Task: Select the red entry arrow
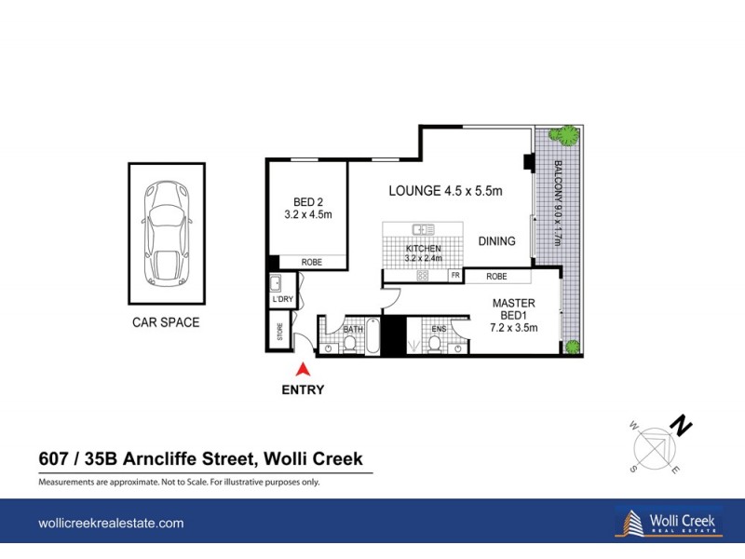coord(302,372)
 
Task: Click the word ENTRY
coord(303,390)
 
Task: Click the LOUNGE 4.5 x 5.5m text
coord(445,191)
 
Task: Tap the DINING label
coord(496,241)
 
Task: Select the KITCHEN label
coord(423,250)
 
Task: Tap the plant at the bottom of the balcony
coord(572,348)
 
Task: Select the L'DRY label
coord(282,300)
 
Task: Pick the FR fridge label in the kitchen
coord(455,276)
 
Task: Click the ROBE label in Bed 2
coord(311,263)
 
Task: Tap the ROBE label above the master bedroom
coord(496,277)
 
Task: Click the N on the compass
coord(683,427)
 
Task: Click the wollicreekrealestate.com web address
coord(111,524)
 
